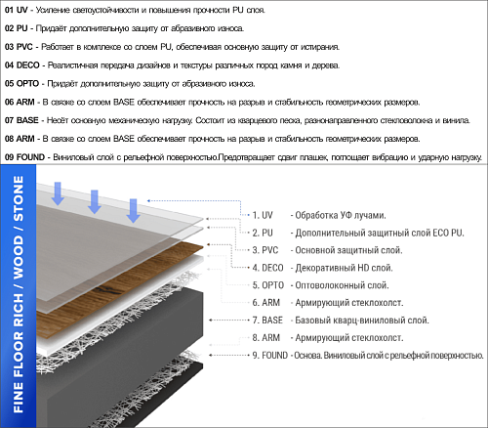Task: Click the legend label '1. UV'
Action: [263, 215]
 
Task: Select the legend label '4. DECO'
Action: [267, 268]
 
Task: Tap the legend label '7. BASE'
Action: [267, 321]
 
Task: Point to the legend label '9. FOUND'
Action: [270, 355]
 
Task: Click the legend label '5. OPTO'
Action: [268, 285]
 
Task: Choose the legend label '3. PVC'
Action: [265, 250]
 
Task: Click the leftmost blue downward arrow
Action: [58, 193]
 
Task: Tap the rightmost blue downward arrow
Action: [133, 211]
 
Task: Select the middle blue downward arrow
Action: [95, 202]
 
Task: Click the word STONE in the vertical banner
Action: [19, 198]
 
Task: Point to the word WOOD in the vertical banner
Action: [19, 257]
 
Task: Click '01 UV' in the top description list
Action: [17, 10]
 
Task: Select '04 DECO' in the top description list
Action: [22, 65]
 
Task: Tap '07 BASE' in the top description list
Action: [21, 120]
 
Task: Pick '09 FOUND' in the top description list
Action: [24, 157]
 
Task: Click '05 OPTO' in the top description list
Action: [21, 83]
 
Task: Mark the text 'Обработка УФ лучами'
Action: [341, 215]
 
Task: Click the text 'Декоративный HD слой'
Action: [344, 268]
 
